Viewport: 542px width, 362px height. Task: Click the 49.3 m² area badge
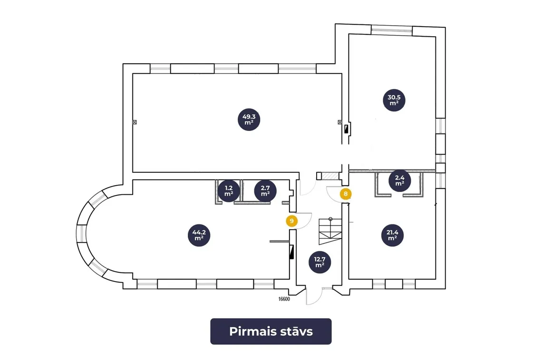tap(249, 120)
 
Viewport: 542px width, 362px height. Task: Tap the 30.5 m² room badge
tap(394, 100)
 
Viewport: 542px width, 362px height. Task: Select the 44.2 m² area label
tap(199, 235)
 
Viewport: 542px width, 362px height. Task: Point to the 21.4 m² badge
tap(392, 235)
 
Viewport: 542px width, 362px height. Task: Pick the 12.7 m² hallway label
tap(320, 262)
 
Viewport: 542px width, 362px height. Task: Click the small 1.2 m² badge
tap(229, 191)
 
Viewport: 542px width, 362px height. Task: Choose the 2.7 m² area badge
tap(265, 191)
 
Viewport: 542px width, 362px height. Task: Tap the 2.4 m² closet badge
tap(399, 181)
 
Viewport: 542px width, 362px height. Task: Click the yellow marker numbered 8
tap(346, 194)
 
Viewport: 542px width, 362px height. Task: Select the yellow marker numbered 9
tap(292, 221)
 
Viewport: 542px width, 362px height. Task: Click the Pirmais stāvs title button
tap(271, 332)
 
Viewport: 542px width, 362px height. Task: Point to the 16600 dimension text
tap(284, 299)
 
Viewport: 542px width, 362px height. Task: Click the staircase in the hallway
tap(330, 231)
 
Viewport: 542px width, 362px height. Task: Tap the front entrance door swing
tap(314, 296)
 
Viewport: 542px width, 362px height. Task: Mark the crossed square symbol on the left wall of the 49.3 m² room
tap(135, 122)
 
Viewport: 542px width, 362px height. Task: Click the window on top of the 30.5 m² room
tap(392, 30)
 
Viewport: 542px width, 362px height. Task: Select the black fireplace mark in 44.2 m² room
tap(292, 252)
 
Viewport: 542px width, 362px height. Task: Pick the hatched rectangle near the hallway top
tap(330, 176)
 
